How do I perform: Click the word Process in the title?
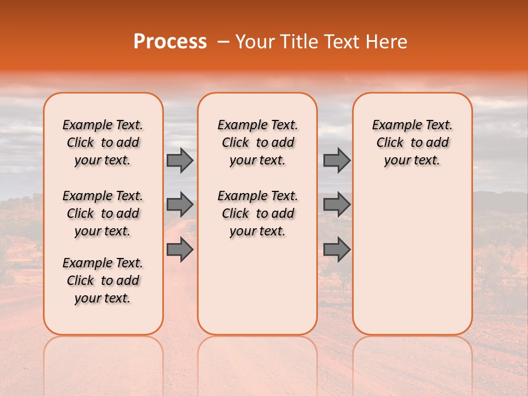(x=170, y=42)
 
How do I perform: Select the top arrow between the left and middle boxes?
(x=180, y=160)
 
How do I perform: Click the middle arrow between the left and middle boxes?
(x=180, y=205)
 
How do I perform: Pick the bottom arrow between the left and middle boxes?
(x=180, y=250)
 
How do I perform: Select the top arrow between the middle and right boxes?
(x=337, y=160)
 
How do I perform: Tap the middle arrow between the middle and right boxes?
(x=337, y=205)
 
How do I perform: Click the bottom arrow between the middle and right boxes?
(x=337, y=250)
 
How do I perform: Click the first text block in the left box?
(x=103, y=142)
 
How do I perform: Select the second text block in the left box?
(x=103, y=213)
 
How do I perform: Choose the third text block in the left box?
(x=103, y=280)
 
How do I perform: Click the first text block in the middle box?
(x=257, y=142)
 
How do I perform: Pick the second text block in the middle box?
(x=257, y=213)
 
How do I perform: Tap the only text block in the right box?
(x=412, y=142)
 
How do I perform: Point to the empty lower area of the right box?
(x=412, y=258)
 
